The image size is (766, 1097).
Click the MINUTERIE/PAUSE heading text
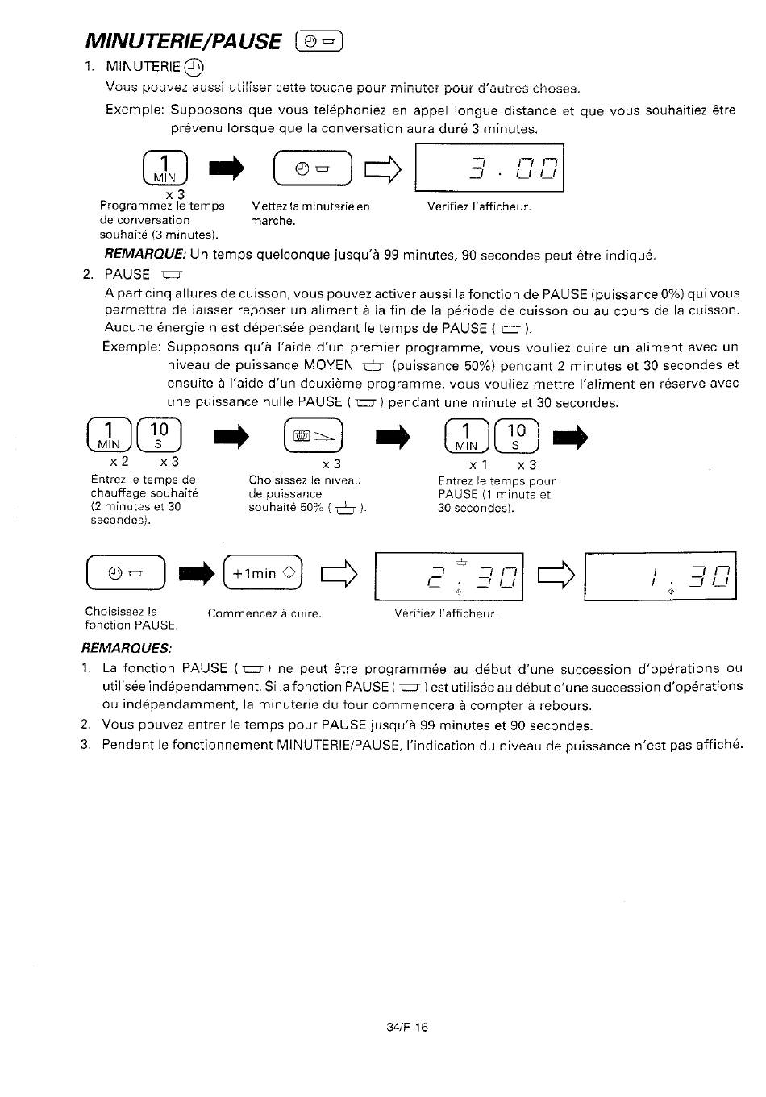[183, 41]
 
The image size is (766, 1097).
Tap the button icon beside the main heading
[318, 41]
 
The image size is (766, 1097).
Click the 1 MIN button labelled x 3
[165, 168]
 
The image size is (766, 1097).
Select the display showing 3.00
[489, 168]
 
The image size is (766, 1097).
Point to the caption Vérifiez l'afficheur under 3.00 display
[479, 206]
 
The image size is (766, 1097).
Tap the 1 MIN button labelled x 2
[109, 434]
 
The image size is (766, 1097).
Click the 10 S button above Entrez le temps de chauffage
[159, 434]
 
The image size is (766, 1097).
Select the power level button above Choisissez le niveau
[314, 435]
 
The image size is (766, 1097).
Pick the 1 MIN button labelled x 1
[467, 436]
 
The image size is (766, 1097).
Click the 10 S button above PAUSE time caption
[517, 436]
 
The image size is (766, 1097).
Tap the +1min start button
[263, 572]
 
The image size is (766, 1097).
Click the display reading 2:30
[448, 576]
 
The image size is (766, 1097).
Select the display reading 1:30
[660, 576]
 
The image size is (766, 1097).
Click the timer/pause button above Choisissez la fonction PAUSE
[126, 572]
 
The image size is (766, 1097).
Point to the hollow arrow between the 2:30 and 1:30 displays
[556, 574]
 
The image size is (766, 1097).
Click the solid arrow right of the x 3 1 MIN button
[227, 168]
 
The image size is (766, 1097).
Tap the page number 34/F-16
[407, 1028]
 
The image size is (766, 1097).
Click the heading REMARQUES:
[127, 648]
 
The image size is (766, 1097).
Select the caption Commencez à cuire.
[264, 613]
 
